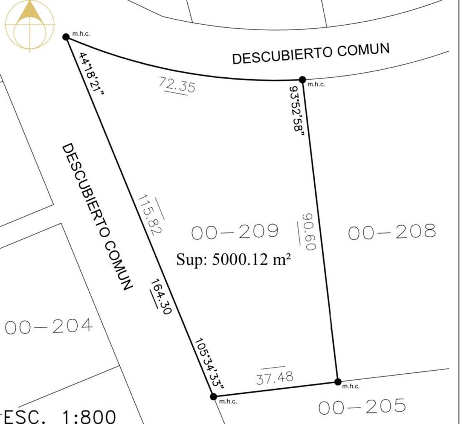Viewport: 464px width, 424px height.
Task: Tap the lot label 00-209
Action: point(235,232)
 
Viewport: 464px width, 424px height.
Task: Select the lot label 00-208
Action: point(391,232)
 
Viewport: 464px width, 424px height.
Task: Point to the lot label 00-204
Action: point(49,326)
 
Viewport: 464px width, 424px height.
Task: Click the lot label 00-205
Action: point(362,407)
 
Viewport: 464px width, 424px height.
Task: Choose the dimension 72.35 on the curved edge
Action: point(177,85)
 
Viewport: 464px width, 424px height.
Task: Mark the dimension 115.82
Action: point(149,214)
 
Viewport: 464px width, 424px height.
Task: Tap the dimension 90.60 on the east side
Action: point(309,232)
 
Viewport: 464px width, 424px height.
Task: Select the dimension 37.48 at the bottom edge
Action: point(275,378)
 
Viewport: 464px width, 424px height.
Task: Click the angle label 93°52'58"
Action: point(297,110)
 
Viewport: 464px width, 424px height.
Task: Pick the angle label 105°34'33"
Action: point(209,364)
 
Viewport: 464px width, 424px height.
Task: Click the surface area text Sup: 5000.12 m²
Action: point(234,260)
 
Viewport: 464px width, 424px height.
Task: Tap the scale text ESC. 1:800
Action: point(60,416)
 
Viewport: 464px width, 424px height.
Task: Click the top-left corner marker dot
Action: point(66,37)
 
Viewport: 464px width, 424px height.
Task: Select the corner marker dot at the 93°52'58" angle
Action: point(302,80)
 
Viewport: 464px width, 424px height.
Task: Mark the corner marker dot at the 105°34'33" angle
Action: point(213,397)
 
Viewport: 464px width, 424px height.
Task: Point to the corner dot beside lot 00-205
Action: point(337,382)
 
